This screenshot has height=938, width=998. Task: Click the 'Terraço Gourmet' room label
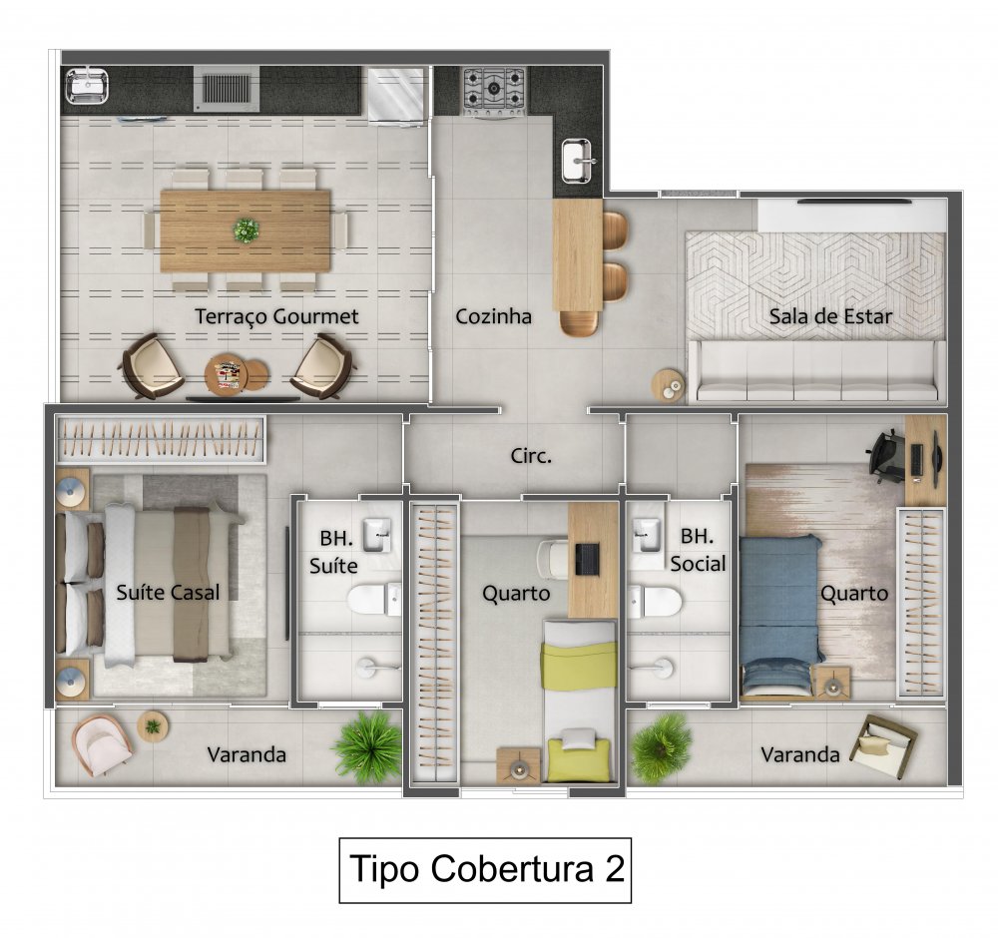[x=276, y=316]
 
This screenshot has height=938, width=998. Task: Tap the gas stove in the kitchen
[x=494, y=89]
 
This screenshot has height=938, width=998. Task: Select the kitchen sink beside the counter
[x=578, y=160]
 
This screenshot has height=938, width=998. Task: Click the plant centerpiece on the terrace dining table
[x=246, y=231]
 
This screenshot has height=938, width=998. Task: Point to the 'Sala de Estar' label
[x=830, y=316]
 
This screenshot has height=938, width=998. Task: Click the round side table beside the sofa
[x=667, y=383]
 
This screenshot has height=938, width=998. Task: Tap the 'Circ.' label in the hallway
[x=531, y=456]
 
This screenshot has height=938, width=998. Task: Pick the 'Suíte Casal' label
[x=168, y=592]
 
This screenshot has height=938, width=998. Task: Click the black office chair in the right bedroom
[x=884, y=451]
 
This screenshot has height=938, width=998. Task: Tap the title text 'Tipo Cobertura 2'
[x=486, y=868]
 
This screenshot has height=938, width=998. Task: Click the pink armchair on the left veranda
[x=100, y=744]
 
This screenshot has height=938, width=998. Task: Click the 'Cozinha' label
[x=493, y=316]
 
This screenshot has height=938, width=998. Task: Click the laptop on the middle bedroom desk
[x=586, y=559]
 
